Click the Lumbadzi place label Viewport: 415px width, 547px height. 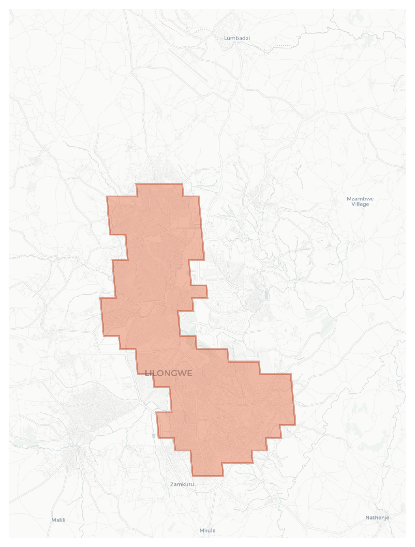tap(237, 38)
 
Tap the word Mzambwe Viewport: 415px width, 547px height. tap(360, 199)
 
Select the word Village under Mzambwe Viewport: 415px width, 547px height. tap(360, 204)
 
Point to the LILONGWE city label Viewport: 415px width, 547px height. tap(169, 373)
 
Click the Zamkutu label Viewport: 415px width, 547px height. tap(182, 484)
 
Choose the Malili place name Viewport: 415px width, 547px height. tap(58, 520)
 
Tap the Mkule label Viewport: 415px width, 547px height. tap(207, 531)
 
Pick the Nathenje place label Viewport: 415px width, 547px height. tap(377, 517)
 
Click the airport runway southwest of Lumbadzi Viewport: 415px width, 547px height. tap(188, 65)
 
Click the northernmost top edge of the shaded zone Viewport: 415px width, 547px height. tap(159, 184)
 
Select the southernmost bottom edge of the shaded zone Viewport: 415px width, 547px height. tap(207, 475)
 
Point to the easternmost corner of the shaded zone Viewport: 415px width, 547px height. tap(295, 425)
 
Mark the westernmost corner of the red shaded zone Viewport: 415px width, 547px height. tap(101, 298)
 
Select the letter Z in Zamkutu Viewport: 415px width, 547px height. tap(172, 484)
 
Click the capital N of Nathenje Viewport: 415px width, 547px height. tap(367, 517)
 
